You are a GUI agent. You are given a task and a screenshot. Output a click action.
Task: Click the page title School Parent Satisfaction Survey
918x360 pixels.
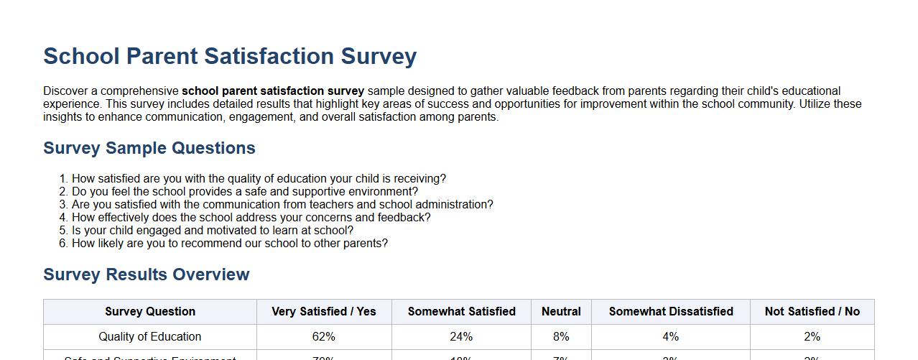click(230, 56)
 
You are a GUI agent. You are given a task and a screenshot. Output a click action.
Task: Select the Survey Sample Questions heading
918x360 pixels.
click(149, 148)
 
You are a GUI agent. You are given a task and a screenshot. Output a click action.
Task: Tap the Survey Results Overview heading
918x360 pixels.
click(147, 274)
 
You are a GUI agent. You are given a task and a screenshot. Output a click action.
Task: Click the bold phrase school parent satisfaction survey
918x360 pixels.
click(273, 91)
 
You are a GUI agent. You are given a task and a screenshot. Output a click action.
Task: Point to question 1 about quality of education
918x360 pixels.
click(259, 179)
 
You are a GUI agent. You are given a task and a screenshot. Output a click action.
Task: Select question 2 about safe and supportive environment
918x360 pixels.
click(244, 192)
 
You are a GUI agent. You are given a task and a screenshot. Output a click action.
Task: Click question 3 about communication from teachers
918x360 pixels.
click(282, 205)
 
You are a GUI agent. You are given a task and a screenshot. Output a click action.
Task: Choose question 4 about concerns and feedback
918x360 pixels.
click(251, 218)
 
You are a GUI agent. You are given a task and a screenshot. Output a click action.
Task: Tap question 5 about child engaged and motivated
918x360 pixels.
click(212, 231)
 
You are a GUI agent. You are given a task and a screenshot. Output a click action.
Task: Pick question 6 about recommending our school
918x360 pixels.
click(229, 244)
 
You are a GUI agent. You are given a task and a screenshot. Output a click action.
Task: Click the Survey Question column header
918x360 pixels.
click(150, 312)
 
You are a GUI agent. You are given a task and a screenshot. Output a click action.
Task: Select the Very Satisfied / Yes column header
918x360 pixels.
click(324, 312)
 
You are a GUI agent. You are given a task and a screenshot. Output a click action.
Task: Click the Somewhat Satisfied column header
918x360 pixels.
click(461, 312)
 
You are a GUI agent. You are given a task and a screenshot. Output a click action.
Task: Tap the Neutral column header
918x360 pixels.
click(561, 312)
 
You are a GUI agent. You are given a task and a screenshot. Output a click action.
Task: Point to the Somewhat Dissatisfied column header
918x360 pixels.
click(671, 312)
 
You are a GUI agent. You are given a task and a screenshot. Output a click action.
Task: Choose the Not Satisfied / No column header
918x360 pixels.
click(812, 312)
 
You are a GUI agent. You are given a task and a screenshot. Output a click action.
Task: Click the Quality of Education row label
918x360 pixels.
click(150, 337)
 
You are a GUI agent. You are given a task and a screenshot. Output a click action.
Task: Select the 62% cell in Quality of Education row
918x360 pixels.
click(324, 337)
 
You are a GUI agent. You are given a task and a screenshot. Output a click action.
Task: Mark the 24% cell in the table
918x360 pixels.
click(461, 337)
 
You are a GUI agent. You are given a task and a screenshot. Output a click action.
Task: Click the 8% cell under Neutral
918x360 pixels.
click(561, 337)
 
